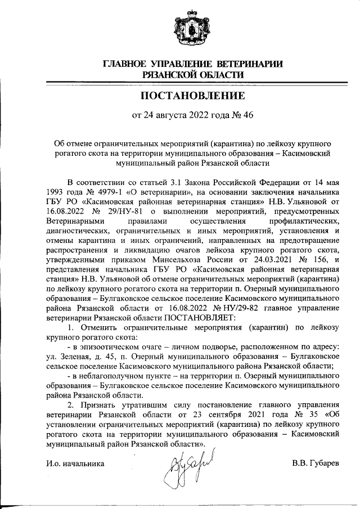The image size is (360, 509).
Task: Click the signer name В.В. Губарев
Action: pos(316,463)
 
